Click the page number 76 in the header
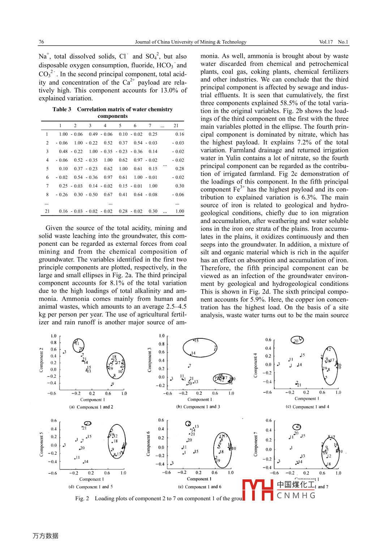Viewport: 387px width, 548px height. click(x=41, y=42)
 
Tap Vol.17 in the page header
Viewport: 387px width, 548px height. click(x=326, y=42)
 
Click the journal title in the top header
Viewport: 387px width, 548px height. click(x=190, y=42)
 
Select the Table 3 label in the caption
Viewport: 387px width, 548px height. click(x=61, y=110)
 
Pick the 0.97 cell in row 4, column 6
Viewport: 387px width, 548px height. click(x=138, y=160)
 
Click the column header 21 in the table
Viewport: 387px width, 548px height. click(x=176, y=126)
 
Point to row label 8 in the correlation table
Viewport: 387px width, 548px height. click(x=47, y=194)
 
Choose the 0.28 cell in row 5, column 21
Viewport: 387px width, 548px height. click(x=180, y=169)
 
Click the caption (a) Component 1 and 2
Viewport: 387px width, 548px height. click(x=91, y=407)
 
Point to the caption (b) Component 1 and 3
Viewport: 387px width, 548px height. click(x=198, y=407)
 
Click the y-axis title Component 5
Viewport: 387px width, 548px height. click(x=41, y=444)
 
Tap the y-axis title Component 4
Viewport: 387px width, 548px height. click(x=255, y=365)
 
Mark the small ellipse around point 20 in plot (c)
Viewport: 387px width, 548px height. click(x=297, y=340)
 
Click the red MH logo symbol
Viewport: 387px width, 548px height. click(x=258, y=490)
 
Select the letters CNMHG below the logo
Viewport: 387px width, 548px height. click(x=296, y=496)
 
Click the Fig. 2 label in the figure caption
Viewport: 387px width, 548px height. click(x=82, y=498)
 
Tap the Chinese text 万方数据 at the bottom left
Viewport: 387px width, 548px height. click(x=46, y=536)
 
